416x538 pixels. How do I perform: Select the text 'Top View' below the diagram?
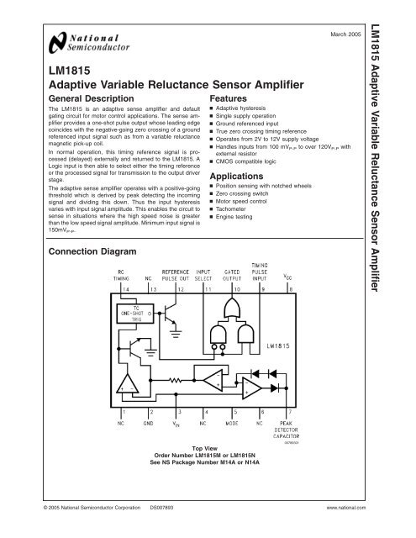point(207,449)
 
